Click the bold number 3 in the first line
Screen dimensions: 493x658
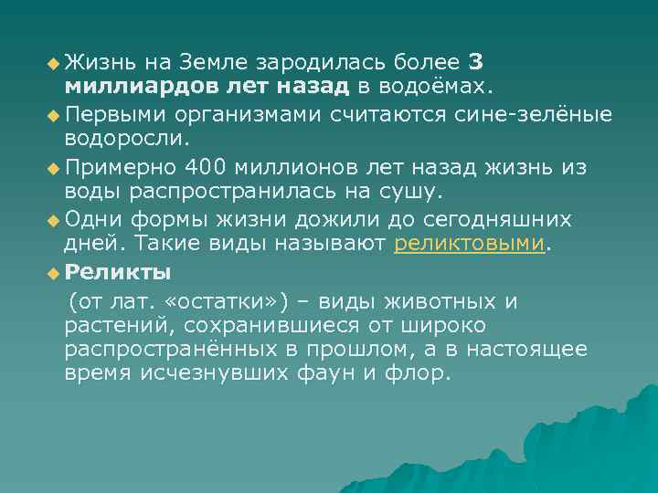(x=476, y=63)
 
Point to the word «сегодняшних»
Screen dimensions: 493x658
(x=499, y=219)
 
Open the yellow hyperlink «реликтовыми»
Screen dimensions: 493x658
(x=469, y=245)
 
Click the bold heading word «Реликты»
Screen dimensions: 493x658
(x=118, y=272)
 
